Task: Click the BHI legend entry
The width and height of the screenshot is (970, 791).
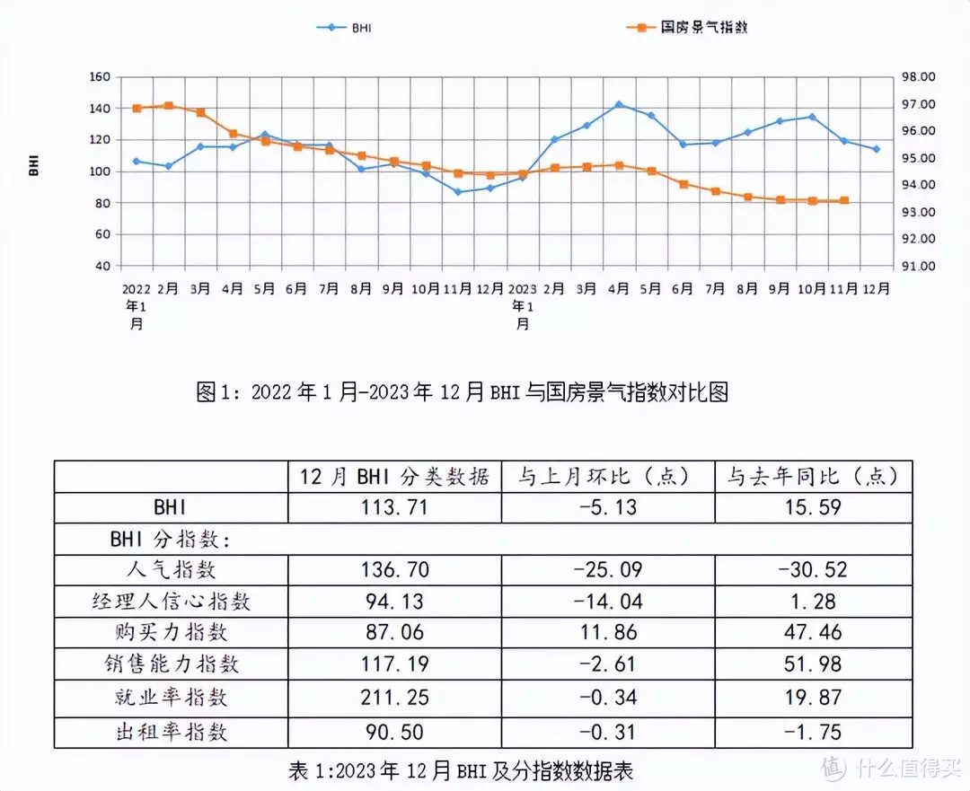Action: pyautogui.click(x=345, y=28)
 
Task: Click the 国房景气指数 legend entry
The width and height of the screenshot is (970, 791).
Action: pyautogui.click(x=687, y=28)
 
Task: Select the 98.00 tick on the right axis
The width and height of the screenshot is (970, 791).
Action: pyautogui.click(x=918, y=77)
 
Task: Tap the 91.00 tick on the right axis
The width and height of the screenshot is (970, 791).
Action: pyautogui.click(x=918, y=266)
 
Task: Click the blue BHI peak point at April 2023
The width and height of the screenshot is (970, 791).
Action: pyautogui.click(x=619, y=104)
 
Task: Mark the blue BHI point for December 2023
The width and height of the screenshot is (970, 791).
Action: pyautogui.click(x=877, y=149)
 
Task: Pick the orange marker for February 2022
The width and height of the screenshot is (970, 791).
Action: pyautogui.click(x=169, y=105)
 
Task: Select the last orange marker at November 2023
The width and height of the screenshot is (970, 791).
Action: pyautogui.click(x=844, y=200)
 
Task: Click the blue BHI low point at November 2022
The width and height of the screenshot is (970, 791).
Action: pyautogui.click(x=458, y=191)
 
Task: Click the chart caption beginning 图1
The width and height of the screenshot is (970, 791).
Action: pyautogui.click(x=462, y=392)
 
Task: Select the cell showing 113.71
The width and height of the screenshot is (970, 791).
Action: pyautogui.click(x=394, y=507)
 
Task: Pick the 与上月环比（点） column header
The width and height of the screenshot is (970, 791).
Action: pyautogui.click(x=608, y=476)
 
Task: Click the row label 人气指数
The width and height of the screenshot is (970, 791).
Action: pyautogui.click(x=171, y=569)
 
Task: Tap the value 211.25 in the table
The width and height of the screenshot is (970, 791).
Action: pyautogui.click(x=394, y=698)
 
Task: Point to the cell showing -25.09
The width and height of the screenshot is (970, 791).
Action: pyautogui.click(x=608, y=569)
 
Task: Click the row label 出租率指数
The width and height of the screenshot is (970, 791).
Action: pyautogui.click(x=171, y=732)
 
